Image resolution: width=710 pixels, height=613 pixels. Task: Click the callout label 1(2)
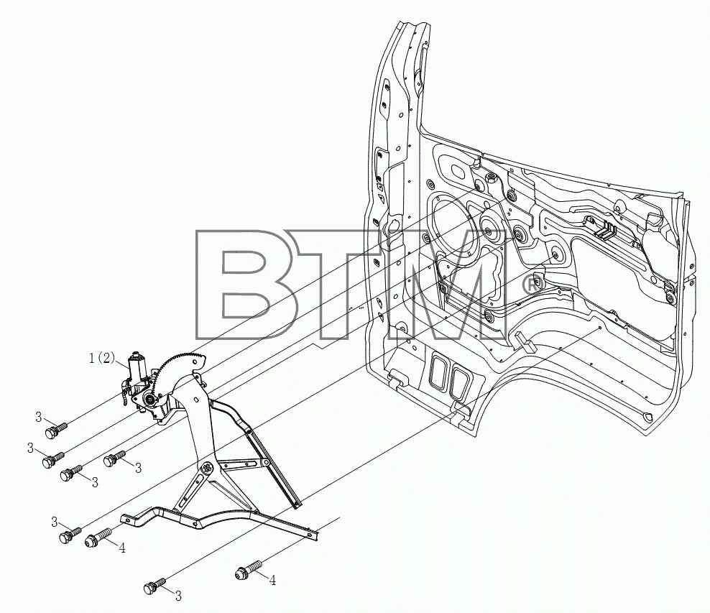click(x=103, y=359)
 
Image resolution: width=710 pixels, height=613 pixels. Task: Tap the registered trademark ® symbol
click(x=533, y=285)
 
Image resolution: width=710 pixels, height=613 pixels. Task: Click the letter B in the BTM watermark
click(x=247, y=285)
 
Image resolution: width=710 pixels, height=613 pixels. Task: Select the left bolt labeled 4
click(x=98, y=537)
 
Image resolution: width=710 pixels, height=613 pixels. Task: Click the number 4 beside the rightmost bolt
click(x=272, y=580)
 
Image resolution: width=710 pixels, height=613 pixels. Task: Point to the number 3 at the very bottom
click(x=178, y=596)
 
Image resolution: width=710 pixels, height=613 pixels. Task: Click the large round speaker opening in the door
click(x=453, y=226)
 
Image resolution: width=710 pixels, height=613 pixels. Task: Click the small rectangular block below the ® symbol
click(x=524, y=341)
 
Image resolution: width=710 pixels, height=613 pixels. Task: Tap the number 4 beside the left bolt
click(x=121, y=548)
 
